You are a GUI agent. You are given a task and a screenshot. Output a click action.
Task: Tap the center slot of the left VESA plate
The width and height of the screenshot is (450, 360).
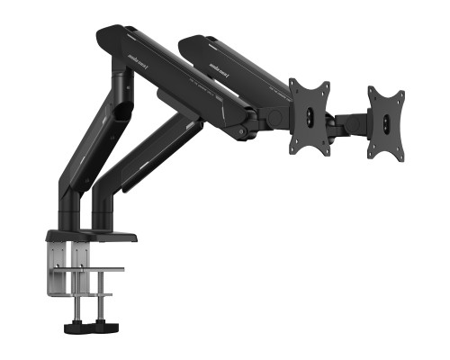(x=310, y=114)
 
